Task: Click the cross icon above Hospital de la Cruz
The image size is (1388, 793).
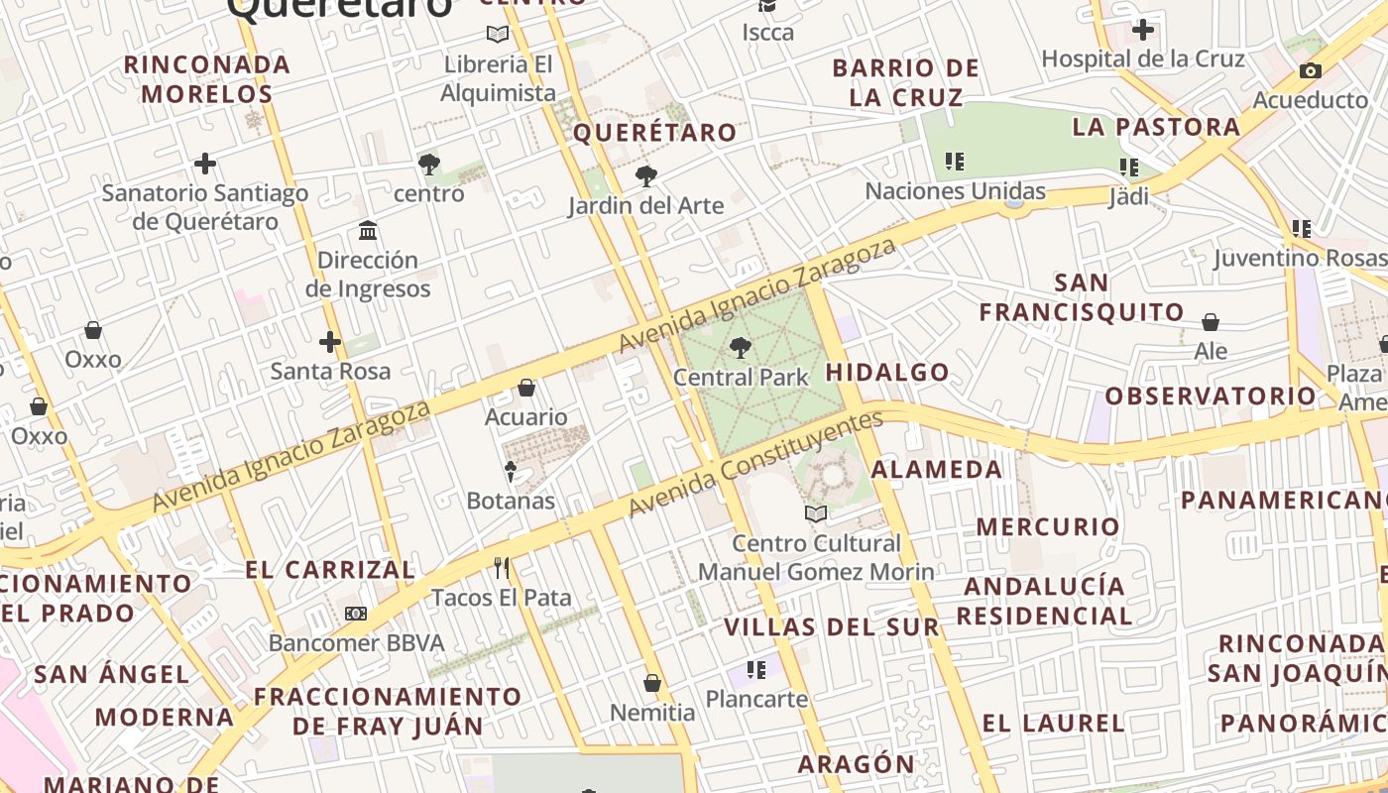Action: pyautogui.click(x=1143, y=30)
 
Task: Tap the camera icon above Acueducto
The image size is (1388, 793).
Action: pyautogui.click(x=1310, y=70)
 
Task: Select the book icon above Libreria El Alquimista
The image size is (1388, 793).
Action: pyautogui.click(x=498, y=35)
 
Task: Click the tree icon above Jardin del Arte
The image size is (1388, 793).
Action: pyautogui.click(x=646, y=176)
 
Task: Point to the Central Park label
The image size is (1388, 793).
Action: pyautogui.click(x=741, y=377)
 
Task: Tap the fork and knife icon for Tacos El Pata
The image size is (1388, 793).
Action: pyautogui.click(x=502, y=568)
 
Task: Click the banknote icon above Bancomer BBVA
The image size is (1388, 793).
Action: pyautogui.click(x=356, y=614)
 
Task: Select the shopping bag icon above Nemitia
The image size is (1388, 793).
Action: pyautogui.click(x=652, y=683)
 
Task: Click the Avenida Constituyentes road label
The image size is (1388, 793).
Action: pyautogui.click(x=755, y=464)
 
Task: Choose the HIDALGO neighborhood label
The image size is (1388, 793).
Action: pyautogui.click(x=887, y=373)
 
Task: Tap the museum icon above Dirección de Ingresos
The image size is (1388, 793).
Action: pyautogui.click(x=368, y=231)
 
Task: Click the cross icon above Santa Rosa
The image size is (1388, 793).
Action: pyautogui.click(x=330, y=343)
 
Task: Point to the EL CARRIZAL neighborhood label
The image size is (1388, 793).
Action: pyautogui.click(x=330, y=570)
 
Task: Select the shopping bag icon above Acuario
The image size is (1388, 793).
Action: pyautogui.click(x=526, y=388)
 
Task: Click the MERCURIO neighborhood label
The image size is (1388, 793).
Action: pyautogui.click(x=1048, y=526)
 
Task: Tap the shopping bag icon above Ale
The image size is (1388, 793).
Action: pyautogui.click(x=1211, y=322)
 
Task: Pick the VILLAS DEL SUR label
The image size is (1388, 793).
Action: pyautogui.click(x=831, y=627)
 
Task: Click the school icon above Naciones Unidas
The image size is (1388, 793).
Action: pyautogui.click(x=955, y=161)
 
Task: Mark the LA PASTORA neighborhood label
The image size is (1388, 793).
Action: pyautogui.click(x=1156, y=127)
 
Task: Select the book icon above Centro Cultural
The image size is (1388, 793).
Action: pyautogui.click(x=816, y=513)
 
